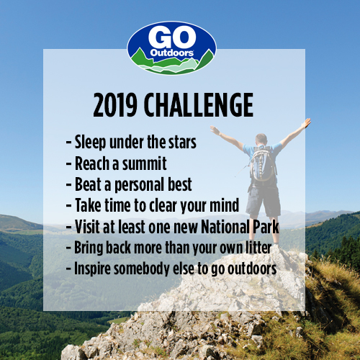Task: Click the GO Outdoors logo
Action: (x=171, y=48)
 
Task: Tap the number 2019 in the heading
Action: (x=115, y=105)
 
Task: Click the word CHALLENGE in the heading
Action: (x=199, y=105)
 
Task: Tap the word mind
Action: (x=224, y=205)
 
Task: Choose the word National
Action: (x=225, y=227)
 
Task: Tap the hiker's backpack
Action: (x=262, y=163)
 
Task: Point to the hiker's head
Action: (x=261, y=139)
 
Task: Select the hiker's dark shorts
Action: (x=264, y=199)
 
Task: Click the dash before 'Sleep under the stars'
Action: (x=68, y=143)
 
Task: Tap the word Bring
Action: (x=89, y=248)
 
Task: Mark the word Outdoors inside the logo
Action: (x=172, y=53)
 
